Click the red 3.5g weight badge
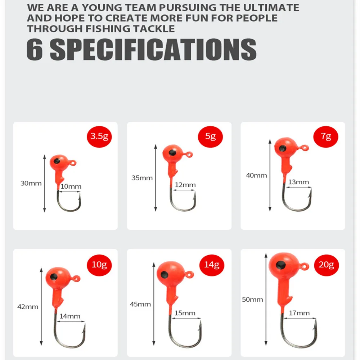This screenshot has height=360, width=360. pyautogui.click(x=99, y=136)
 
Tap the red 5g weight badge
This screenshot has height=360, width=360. pyautogui.click(x=210, y=136)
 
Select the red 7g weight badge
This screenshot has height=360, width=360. pyautogui.click(x=326, y=136)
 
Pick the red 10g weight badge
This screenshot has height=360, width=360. pyautogui.click(x=99, y=265)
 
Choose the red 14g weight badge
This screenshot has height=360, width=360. pyautogui.click(x=212, y=265)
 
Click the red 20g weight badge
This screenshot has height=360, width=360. pyautogui.click(x=326, y=265)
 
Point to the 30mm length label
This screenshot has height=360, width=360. pyautogui.click(x=31, y=183)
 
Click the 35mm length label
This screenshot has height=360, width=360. pyautogui.click(x=142, y=178)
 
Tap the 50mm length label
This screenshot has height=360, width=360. pyautogui.click(x=252, y=300)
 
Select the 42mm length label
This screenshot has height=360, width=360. pyautogui.click(x=28, y=307)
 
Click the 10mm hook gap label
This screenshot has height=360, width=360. pyautogui.click(x=71, y=186)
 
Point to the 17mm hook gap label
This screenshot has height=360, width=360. pyautogui.click(x=299, y=313)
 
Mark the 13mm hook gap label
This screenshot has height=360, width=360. pyautogui.click(x=298, y=182)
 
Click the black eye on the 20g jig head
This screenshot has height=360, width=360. pyautogui.click(x=281, y=265)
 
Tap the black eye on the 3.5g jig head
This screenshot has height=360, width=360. pyautogui.click(x=57, y=161)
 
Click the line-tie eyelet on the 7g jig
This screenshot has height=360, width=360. pyautogui.click(x=305, y=148)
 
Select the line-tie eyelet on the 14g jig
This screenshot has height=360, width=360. pyautogui.click(x=189, y=274)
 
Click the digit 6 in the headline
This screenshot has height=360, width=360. pyautogui.click(x=35, y=49)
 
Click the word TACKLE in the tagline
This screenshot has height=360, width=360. pyautogui.click(x=154, y=29)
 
